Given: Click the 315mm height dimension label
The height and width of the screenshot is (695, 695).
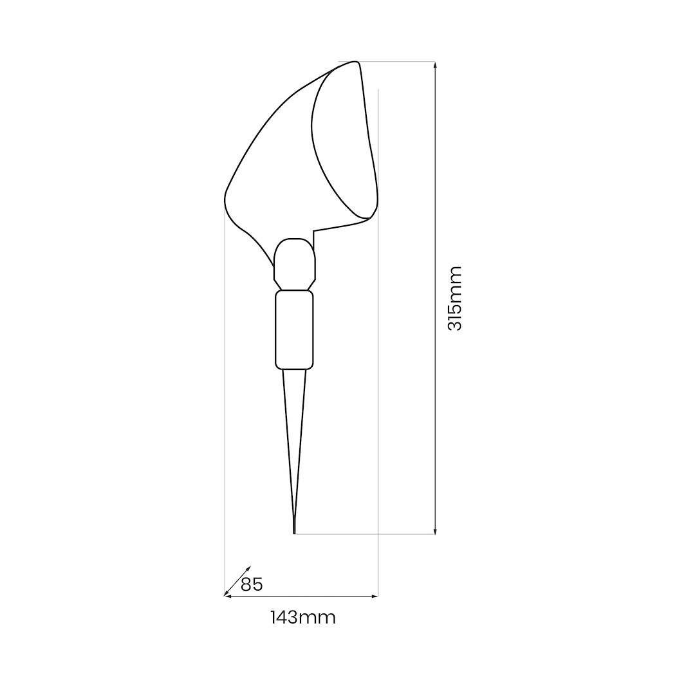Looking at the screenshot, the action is click(454, 299).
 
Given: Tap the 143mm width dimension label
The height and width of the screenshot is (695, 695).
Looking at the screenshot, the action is click(303, 617).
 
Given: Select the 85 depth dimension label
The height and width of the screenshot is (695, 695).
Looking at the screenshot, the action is click(252, 584).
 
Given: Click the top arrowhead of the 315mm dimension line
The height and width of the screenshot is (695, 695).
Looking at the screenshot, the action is click(435, 66).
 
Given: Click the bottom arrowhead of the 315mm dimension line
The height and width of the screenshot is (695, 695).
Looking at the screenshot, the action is click(435, 530).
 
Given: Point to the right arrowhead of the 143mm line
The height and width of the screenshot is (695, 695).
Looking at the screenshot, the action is click(374, 597).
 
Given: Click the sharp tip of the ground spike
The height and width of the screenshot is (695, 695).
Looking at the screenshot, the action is click(294, 533).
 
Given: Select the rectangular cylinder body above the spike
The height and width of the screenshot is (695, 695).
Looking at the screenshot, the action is click(294, 329).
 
